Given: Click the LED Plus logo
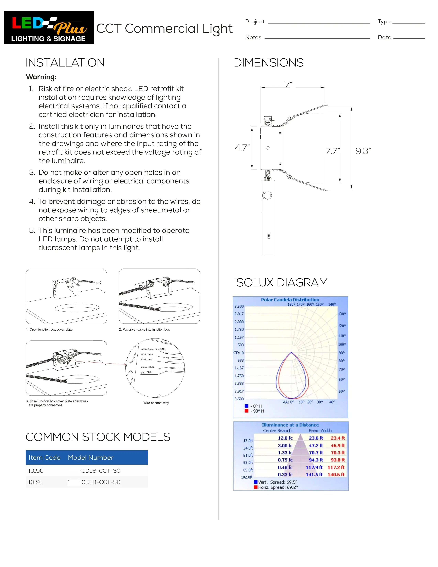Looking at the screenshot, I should (x=49, y=27).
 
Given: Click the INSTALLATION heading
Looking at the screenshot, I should (x=65, y=63).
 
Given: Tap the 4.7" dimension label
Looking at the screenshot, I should (x=242, y=148).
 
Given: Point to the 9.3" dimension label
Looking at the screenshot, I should (x=363, y=151).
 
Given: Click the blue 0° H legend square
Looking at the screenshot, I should (x=246, y=406).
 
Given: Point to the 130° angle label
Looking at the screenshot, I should (x=342, y=314).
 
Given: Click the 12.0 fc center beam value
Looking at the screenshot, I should (x=285, y=438).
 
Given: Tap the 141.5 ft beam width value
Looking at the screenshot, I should (x=314, y=475).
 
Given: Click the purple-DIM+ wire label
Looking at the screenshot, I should (x=147, y=367).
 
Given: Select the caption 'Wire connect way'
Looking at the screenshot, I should (x=156, y=403).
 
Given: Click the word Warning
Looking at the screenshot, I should (x=41, y=77).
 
